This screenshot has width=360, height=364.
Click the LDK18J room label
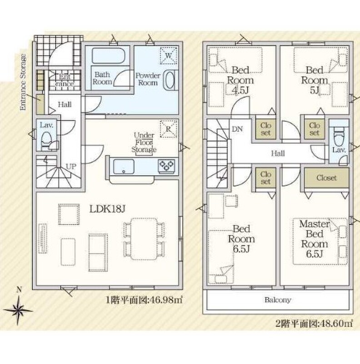107,209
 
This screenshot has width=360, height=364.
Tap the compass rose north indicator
18,306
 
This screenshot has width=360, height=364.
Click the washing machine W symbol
169,56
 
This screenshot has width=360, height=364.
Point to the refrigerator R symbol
169,129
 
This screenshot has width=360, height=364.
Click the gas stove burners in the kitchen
166,166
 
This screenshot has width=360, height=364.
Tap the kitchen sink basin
124,166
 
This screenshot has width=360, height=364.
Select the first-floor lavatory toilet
47,139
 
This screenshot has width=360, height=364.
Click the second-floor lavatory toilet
339,136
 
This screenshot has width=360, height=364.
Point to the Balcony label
278,300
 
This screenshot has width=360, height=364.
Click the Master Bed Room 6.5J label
315,239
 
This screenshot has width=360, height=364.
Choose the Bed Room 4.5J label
240,80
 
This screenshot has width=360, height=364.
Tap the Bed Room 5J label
315,80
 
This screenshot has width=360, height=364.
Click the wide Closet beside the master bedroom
327,178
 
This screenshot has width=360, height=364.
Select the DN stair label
237,129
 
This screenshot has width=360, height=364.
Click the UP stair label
71,167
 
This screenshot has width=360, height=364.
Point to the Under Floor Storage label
144,142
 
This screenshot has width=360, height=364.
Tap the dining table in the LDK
144,239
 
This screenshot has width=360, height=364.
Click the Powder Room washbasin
170,80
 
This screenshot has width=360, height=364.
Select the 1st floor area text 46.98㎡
144,300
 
